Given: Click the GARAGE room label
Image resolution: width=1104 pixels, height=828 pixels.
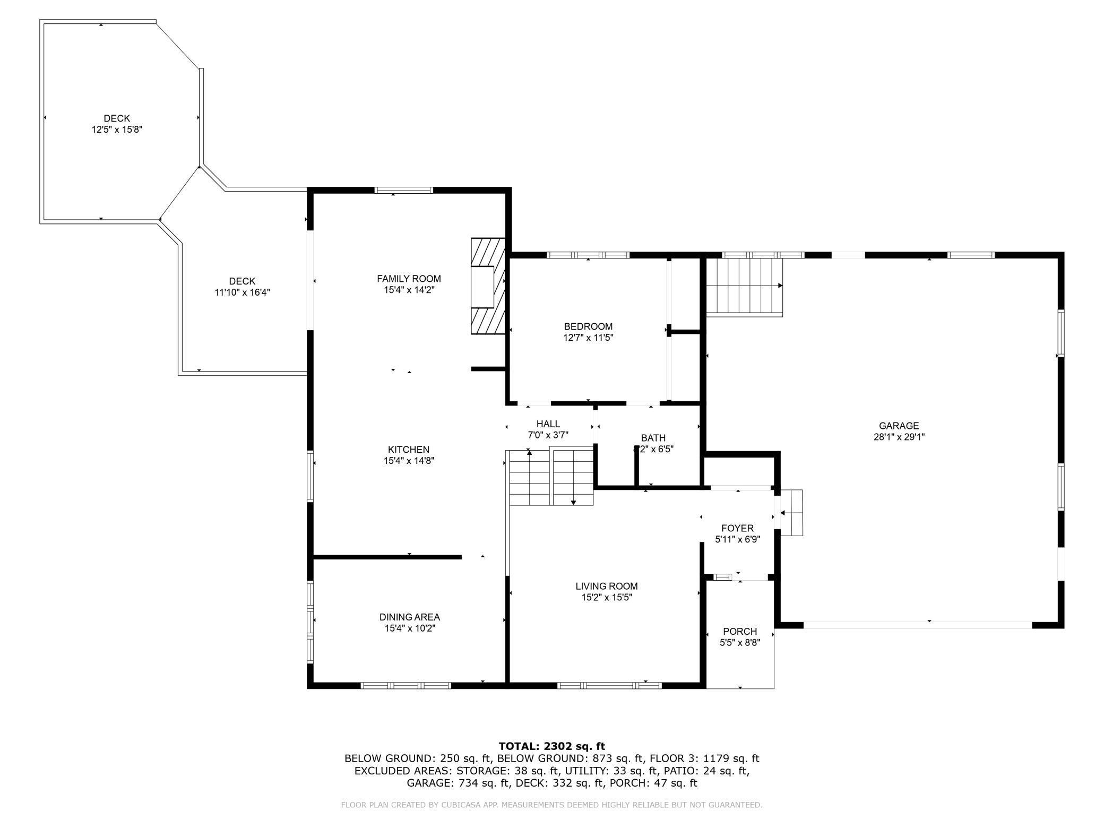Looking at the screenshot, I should [899, 426].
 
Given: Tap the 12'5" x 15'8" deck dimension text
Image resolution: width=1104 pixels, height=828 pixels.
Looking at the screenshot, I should [117, 130].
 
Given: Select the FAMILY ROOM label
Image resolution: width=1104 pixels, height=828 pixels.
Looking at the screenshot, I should [409, 279].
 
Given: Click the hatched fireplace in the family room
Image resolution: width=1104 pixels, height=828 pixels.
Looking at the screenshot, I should [488, 286].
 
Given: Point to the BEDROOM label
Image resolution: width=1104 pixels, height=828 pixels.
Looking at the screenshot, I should [588, 326].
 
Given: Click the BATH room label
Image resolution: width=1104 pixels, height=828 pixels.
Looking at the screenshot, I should [653, 438].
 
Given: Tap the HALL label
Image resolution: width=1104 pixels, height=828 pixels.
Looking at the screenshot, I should [548, 424].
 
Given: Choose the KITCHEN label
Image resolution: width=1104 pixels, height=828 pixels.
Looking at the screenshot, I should [408, 450].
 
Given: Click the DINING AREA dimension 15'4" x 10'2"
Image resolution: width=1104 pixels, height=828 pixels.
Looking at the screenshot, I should [410, 628].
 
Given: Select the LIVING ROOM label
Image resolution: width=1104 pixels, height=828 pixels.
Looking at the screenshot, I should [607, 586].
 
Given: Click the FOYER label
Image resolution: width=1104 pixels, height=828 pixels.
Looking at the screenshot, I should [737, 528].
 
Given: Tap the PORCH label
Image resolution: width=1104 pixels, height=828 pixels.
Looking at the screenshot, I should [740, 632].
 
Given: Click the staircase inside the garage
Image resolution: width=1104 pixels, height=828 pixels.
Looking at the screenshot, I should [744, 287].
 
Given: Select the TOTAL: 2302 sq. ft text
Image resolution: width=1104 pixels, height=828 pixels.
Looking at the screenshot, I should [551, 746].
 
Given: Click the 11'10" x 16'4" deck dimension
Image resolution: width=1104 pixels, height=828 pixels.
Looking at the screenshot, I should [242, 292].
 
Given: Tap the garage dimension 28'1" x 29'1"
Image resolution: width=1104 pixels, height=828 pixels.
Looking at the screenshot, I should [899, 437].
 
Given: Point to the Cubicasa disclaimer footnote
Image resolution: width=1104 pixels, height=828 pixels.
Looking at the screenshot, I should [551, 805].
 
